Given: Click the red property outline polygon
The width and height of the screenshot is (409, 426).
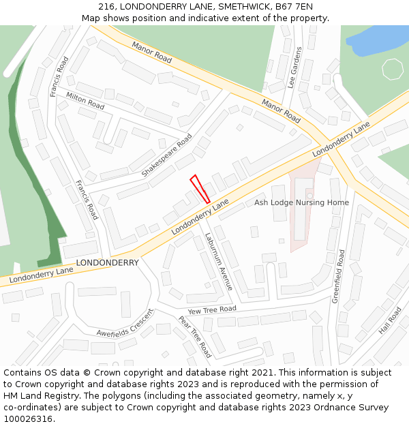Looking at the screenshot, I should [200, 189].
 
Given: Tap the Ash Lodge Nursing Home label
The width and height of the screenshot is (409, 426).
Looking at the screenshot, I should [301, 202].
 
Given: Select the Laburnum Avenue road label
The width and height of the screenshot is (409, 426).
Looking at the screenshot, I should [219, 262].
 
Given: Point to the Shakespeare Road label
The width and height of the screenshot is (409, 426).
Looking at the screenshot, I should [167, 155].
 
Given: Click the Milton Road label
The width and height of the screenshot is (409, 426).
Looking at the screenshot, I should [85, 101].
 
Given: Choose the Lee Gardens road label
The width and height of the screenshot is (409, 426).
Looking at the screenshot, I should [295, 68].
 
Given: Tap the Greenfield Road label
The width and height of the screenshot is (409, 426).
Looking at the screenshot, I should [339, 276].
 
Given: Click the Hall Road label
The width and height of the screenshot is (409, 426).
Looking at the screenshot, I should [391, 320].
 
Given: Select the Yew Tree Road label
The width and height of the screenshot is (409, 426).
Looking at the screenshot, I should [212, 309].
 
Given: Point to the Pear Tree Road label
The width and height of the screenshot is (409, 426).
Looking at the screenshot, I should [194, 337].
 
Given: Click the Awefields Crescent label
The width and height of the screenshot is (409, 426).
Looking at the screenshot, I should [125, 323].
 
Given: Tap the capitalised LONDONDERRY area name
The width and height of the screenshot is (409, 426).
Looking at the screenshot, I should [107, 262].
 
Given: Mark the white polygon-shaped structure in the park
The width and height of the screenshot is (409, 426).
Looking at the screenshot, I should [393, 69].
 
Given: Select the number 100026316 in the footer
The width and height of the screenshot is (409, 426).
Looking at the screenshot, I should [29, 419].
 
